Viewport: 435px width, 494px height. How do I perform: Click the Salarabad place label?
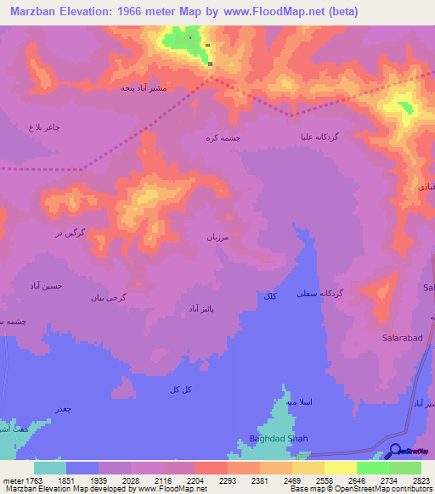[x=398, y=337]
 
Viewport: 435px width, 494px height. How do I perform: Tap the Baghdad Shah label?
[x=278, y=438]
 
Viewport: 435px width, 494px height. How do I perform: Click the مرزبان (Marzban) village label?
[x=219, y=239]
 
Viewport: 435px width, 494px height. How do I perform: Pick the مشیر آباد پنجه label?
[x=142, y=87]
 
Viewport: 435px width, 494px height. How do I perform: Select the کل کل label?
[x=178, y=388]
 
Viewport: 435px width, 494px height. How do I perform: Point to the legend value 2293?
[x=227, y=480]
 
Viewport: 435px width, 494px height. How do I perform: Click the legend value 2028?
[x=130, y=480]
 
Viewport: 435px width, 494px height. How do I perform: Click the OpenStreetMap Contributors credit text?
[x=381, y=489]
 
